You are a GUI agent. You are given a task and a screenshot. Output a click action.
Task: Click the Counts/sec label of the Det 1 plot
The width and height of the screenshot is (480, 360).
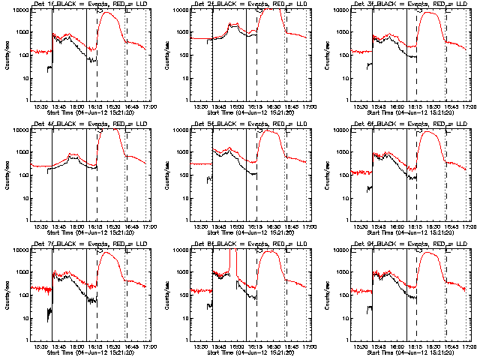(x=7, y=55)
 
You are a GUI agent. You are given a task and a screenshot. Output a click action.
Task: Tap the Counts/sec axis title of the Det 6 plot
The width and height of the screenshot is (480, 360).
(x=328, y=174)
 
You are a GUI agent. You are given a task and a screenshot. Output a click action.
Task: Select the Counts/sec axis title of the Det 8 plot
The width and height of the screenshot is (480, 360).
(x=168, y=292)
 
